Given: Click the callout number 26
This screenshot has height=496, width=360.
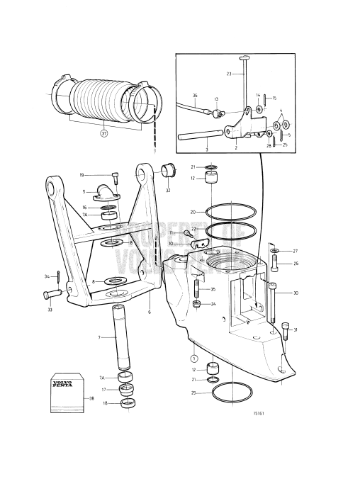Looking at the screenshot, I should [296, 265].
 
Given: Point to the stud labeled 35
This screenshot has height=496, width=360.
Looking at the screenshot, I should [196, 289].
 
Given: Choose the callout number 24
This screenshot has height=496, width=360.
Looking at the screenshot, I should [213, 303].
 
